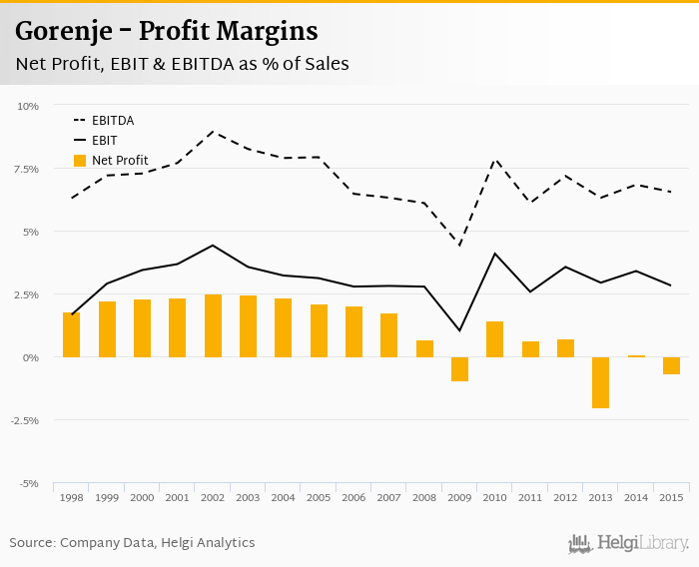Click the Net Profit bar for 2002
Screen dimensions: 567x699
212,326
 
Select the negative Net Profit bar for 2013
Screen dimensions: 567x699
600,382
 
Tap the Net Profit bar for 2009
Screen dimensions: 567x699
459,369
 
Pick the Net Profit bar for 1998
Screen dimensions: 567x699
71,335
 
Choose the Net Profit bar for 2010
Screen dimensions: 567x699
494,339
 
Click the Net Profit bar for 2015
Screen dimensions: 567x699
671,365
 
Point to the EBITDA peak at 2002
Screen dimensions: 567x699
212,131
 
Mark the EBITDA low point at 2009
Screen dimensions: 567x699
459,246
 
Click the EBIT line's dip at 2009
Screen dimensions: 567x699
459,330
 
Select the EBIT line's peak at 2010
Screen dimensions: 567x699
494,254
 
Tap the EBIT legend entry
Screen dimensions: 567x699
104,141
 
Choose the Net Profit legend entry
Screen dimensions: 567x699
119,161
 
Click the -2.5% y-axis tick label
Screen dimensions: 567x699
25,420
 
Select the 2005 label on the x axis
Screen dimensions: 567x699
318,497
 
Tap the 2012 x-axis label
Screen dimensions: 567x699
565,497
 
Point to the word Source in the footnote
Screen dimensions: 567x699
32,543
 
